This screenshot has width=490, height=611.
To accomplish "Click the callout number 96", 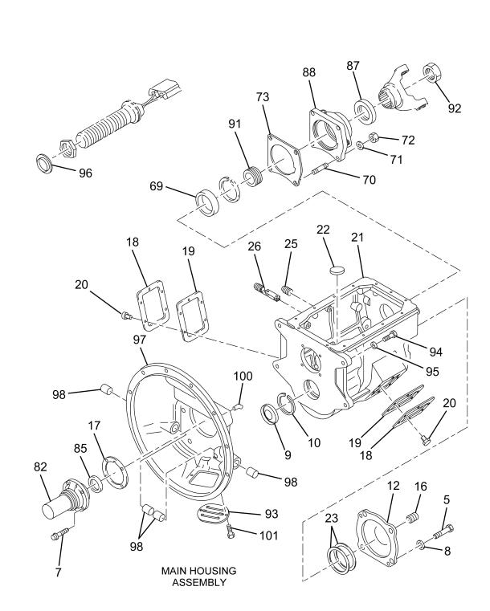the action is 85,173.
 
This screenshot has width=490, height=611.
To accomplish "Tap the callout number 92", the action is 454,108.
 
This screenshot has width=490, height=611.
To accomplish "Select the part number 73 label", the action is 263,97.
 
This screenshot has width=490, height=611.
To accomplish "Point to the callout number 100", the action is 243,376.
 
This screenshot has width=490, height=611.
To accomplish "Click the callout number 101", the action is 269,535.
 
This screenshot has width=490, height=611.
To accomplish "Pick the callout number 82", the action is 40,466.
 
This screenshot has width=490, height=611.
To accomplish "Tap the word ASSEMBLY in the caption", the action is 198,582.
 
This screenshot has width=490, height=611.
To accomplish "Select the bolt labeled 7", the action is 60,533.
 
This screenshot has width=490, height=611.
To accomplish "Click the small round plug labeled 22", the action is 337,270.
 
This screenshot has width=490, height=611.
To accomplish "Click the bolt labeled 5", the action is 443,531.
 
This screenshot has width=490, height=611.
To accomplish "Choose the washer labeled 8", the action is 421,544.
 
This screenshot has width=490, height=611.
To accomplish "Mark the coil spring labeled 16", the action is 411,519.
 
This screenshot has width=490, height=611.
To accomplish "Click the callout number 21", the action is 357,238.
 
